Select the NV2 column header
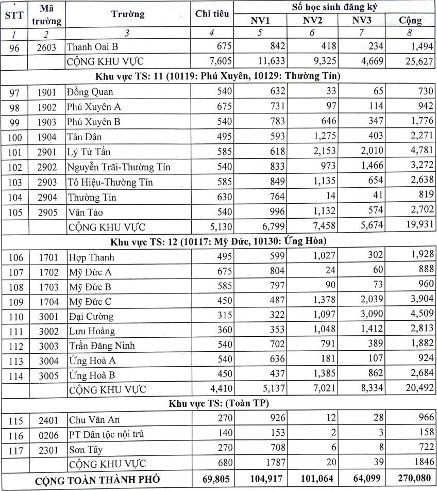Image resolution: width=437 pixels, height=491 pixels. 312,21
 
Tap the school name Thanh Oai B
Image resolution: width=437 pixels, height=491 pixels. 93,47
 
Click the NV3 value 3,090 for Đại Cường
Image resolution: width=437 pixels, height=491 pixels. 371,316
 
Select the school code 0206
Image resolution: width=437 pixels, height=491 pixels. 48,434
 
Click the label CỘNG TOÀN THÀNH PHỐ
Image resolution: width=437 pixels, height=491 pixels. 97,480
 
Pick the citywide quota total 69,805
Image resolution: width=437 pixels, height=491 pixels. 213,480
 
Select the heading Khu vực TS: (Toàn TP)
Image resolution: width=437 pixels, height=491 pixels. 218,403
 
